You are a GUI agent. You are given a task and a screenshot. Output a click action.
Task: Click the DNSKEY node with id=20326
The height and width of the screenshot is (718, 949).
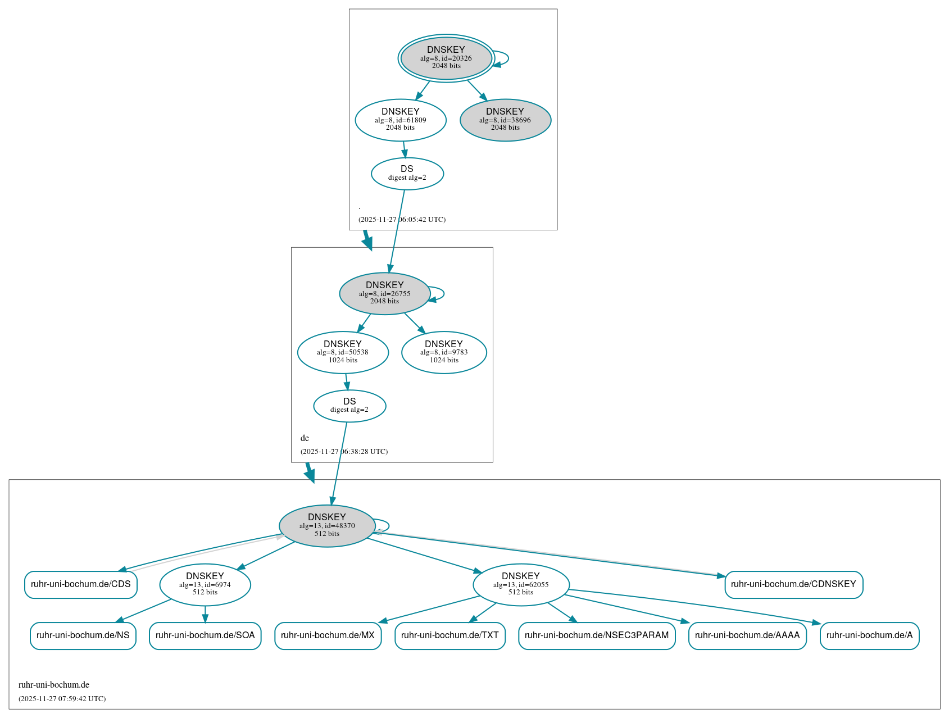point(446,58)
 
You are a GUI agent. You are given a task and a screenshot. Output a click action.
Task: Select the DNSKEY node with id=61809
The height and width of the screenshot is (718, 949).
point(401,120)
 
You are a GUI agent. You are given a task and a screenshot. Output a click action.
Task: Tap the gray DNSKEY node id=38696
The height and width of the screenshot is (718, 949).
point(505,120)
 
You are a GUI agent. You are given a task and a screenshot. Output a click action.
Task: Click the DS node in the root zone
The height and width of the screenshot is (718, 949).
point(407,174)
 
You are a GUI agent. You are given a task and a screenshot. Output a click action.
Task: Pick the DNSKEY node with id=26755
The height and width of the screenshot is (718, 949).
point(385,293)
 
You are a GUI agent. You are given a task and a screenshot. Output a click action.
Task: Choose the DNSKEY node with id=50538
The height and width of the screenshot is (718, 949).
point(343,352)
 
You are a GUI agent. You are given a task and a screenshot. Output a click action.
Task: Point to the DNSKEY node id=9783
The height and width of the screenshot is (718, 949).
point(444,352)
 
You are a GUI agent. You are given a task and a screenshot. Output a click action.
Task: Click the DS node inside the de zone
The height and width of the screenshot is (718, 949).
point(349,406)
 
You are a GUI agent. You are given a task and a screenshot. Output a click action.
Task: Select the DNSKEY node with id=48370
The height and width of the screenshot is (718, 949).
point(327,526)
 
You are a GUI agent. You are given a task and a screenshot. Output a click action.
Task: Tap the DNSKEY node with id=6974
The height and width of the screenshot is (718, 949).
point(205,584)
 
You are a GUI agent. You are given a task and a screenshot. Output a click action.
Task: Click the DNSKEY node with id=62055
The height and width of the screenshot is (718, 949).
point(521,584)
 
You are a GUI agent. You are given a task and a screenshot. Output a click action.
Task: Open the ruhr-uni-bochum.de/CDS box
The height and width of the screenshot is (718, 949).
point(81,584)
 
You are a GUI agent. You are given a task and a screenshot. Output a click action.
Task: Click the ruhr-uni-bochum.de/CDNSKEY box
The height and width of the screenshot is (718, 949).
point(793,584)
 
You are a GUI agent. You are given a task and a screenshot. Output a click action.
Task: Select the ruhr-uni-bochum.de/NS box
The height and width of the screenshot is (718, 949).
point(83,635)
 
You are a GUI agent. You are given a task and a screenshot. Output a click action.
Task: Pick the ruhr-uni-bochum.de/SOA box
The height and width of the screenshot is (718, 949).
point(205,635)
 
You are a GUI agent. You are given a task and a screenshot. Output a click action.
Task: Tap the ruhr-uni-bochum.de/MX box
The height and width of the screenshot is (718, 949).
point(328,635)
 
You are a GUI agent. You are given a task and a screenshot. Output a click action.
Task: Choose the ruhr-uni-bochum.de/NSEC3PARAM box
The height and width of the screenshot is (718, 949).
point(597,635)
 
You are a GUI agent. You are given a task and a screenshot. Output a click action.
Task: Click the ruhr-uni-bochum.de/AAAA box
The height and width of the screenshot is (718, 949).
point(747,635)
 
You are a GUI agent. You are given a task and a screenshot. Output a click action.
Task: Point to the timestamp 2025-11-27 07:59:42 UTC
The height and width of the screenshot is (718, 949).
point(62,699)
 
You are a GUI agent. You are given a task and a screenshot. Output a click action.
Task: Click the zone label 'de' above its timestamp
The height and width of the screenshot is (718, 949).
point(305,438)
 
